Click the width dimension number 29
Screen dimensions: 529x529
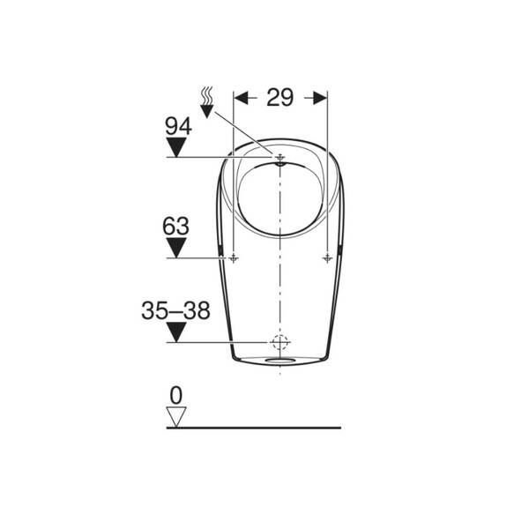click(279, 98)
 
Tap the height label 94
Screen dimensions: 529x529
click(178, 126)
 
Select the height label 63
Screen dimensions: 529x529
click(175, 226)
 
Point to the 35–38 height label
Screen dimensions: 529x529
click(175, 310)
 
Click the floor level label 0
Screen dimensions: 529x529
click(176, 395)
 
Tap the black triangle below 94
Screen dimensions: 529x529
click(176, 146)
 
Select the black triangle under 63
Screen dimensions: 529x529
click(176, 248)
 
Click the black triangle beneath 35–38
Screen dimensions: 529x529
click(176, 332)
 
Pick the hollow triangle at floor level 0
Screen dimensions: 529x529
click(176, 417)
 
